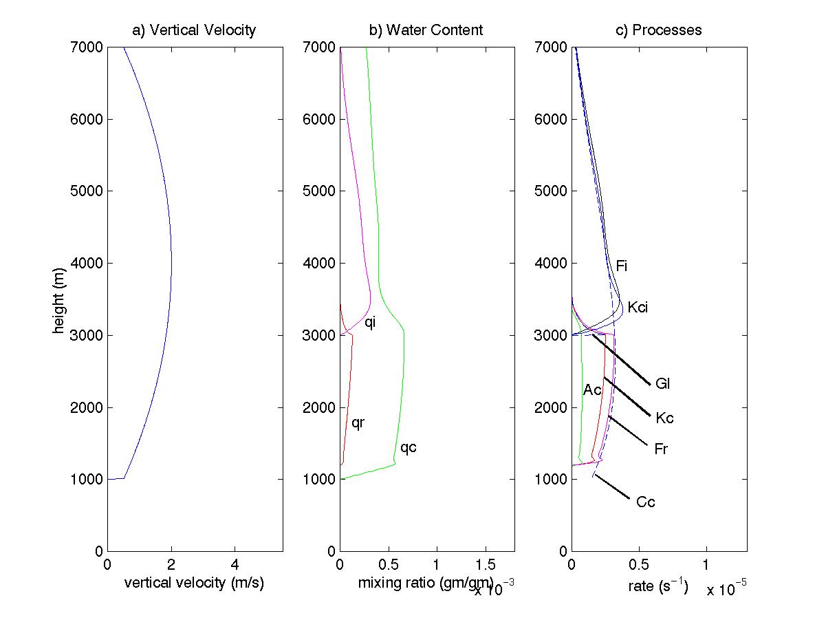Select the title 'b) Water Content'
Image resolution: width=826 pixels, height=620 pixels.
pyautogui.click(x=426, y=30)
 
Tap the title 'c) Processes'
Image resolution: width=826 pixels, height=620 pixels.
pyautogui.click(x=658, y=30)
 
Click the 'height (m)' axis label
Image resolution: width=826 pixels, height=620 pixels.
pyautogui.click(x=60, y=299)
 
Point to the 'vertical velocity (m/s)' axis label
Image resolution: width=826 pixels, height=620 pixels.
pyautogui.click(x=195, y=584)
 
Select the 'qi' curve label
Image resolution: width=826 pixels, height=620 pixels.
pyautogui.click(x=370, y=321)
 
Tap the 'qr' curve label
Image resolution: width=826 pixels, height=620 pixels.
pyautogui.click(x=358, y=423)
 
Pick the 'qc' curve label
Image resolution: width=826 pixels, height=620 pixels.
pyautogui.click(x=409, y=448)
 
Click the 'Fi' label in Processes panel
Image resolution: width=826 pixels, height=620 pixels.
pyautogui.click(x=621, y=266)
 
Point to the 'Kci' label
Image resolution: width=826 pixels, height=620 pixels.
pyautogui.click(x=638, y=308)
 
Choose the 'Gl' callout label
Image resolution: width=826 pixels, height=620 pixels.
pyautogui.click(x=662, y=384)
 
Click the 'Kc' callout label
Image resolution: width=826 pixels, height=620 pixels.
pyautogui.click(x=664, y=418)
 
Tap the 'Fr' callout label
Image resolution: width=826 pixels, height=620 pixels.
pyautogui.click(x=661, y=449)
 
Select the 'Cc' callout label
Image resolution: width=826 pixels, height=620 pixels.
pyautogui.click(x=645, y=502)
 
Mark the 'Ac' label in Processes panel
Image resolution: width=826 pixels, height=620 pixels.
pyautogui.click(x=592, y=390)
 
